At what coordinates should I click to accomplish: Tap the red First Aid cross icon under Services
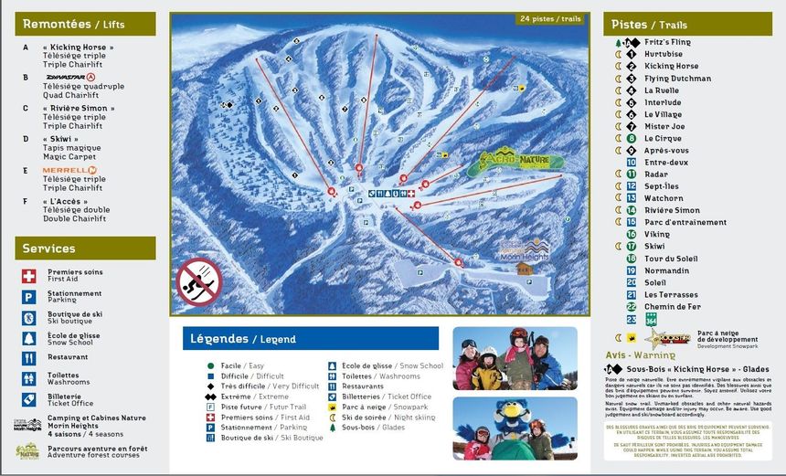[29, 274]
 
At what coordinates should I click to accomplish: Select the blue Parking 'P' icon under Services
[29, 296]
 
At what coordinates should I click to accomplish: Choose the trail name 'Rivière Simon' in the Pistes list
[672, 210]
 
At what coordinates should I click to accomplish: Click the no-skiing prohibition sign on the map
[198, 282]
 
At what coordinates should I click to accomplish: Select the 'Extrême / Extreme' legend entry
[237, 396]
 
